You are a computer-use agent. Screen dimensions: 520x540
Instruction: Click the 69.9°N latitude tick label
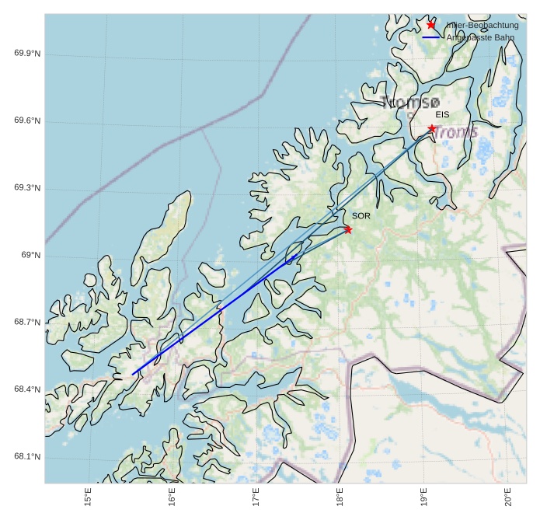[27, 54]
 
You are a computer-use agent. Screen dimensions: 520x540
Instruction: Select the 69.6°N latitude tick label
[27, 121]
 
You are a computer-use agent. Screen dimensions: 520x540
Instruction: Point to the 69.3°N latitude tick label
[27, 189]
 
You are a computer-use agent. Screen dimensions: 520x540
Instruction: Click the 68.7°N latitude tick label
[27, 323]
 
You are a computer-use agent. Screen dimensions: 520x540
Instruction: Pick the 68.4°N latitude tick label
[27, 389]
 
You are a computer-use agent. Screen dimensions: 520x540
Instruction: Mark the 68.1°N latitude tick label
[27, 457]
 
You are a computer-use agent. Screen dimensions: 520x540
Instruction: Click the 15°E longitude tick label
[89, 496]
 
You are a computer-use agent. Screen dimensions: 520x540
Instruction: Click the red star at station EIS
[432, 129]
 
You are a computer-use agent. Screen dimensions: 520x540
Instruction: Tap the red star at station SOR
[348, 229]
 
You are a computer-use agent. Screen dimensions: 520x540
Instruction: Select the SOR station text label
[361, 216]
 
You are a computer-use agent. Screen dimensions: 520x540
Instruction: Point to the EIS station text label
[442, 115]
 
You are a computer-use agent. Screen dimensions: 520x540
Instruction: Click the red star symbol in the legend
[431, 25]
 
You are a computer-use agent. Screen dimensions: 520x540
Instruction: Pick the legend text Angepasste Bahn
[479, 37]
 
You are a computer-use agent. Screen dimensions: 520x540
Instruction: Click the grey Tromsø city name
[411, 103]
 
